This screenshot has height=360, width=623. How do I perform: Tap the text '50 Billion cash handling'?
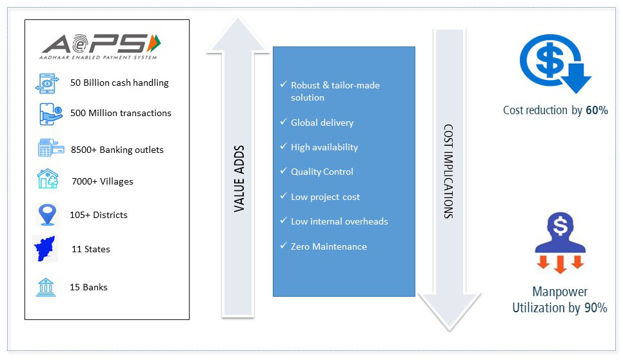tap(119, 83)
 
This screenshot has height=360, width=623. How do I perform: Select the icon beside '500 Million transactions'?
tap(50, 114)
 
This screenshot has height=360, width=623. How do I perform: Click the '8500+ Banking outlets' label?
tap(117, 150)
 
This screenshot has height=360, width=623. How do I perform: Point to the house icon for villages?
tap(48, 179)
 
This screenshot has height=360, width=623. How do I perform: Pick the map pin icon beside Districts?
tap(47, 214)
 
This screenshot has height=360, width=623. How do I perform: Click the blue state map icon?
tap(45, 248)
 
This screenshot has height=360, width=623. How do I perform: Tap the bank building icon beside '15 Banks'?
tap(46, 286)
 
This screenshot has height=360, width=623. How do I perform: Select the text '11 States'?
tap(91, 249)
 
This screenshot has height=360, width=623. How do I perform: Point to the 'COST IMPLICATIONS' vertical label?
tap(448, 171)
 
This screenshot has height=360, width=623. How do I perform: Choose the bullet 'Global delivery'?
tap(322, 123)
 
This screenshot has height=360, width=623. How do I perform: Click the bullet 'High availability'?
tap(324, 147)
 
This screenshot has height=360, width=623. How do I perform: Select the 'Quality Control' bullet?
tap(322, 172)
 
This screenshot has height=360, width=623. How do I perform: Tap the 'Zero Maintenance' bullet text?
tap(328, 246)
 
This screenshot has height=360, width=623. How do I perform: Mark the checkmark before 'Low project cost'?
tap(283, 196)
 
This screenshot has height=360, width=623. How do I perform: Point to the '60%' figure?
tap(597, 110)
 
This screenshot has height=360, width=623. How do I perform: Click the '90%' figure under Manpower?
tap(595, 308)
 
